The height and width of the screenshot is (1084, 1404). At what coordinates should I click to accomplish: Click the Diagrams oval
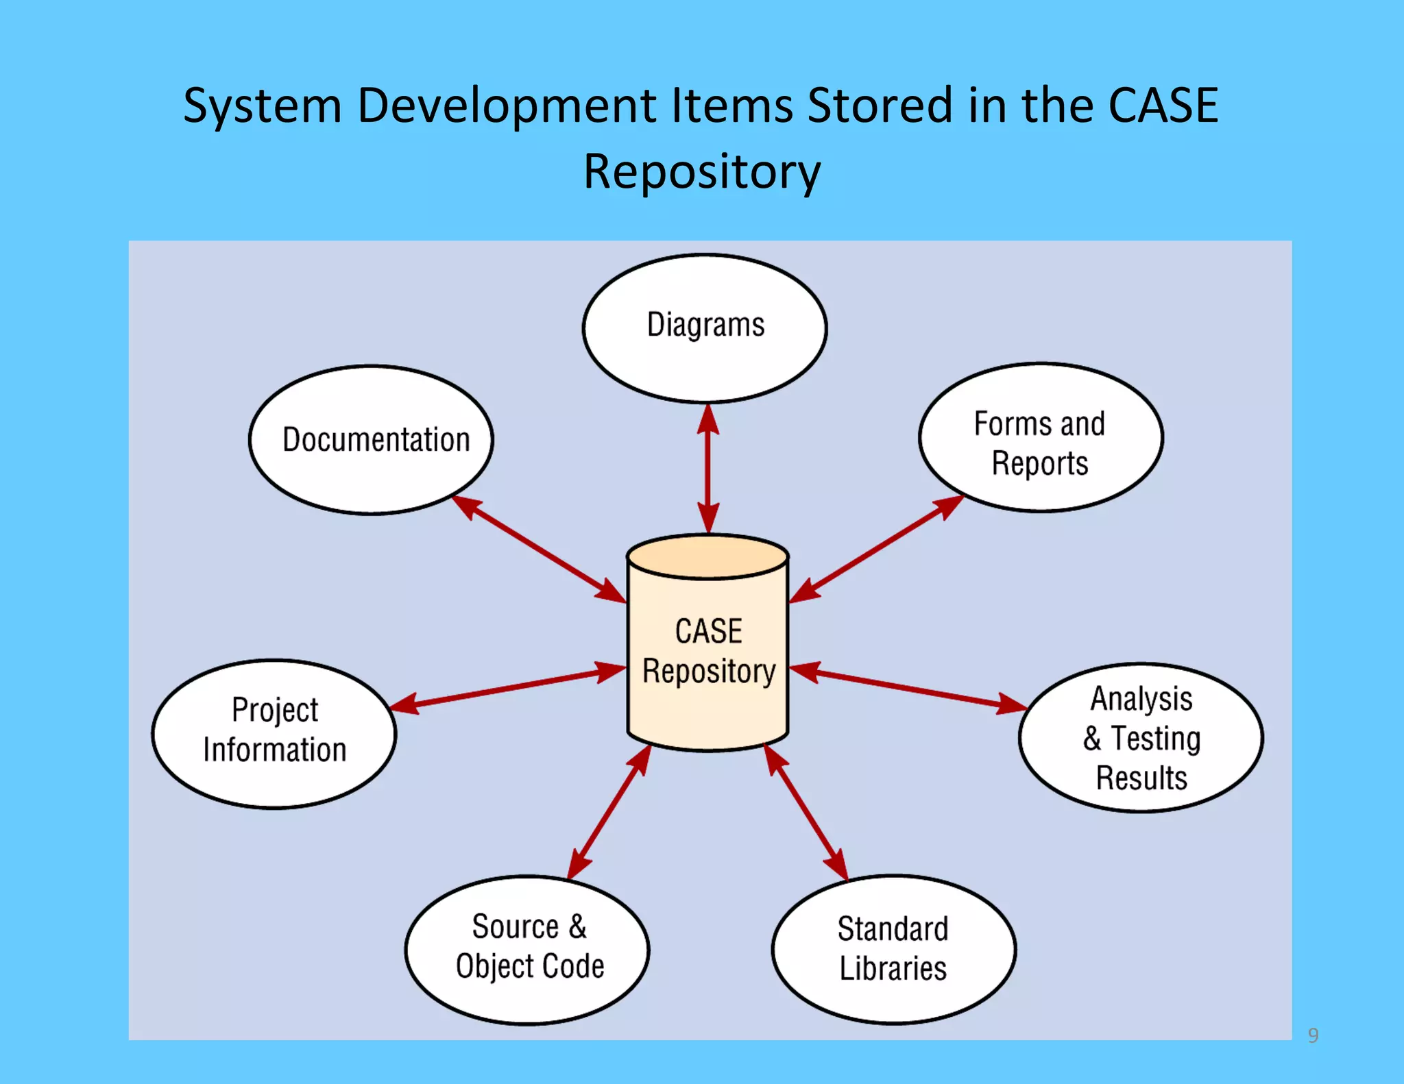pos(705,328)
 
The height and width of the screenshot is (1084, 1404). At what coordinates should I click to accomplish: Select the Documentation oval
pos(371,439)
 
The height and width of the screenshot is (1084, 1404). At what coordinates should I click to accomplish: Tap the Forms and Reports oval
pos(1040,437)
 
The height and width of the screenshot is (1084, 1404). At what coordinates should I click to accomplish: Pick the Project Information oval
pos(274,733)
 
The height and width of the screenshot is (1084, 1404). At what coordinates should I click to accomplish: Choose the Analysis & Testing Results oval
pos(1140,737)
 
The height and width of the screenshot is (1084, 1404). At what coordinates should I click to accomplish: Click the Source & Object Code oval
pos(526,949)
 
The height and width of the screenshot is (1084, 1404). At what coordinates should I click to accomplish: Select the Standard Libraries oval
pos(893,949)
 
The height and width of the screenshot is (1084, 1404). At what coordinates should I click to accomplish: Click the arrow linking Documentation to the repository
pos(539,550)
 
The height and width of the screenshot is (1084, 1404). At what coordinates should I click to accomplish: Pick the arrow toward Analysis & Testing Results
pos(908,688)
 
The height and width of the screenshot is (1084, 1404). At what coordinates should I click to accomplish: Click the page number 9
pos(1313,1035)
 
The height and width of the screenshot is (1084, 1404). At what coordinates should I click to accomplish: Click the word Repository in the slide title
pos(702,172)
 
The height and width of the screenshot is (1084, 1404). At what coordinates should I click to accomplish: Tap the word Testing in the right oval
pos(1155,739)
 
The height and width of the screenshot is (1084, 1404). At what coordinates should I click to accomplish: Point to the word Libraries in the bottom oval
pos(893,969)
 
